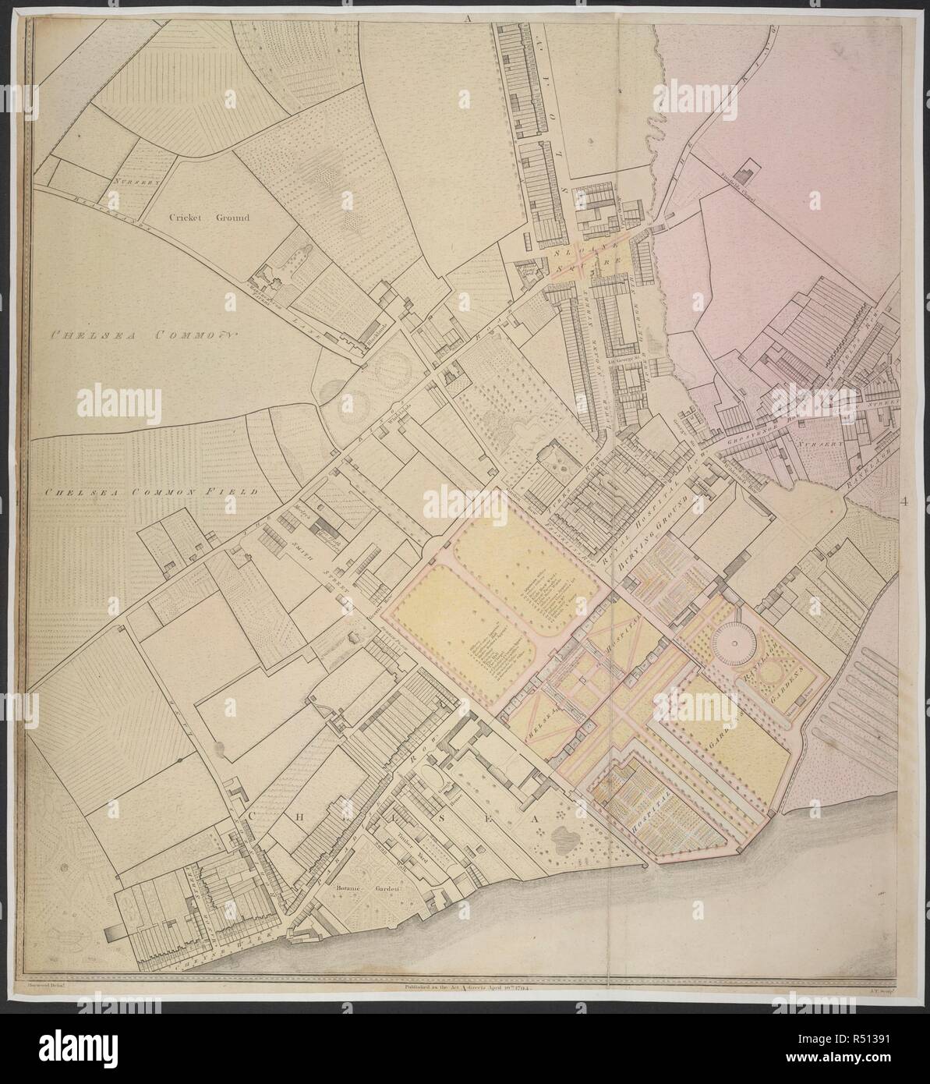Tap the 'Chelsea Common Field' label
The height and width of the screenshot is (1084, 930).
pyautogui.click(x=150, y=492)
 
